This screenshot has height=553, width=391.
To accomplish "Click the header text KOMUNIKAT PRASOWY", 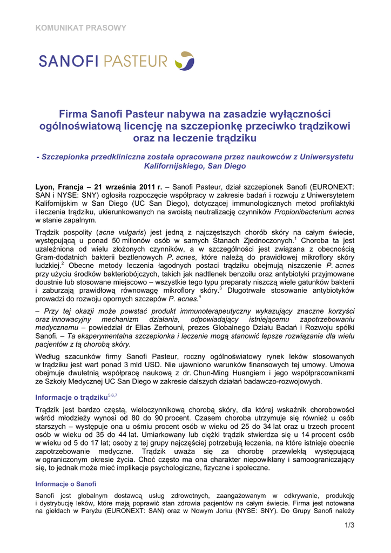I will pos(80,28).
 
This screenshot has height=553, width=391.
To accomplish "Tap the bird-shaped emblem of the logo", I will pos(185,60).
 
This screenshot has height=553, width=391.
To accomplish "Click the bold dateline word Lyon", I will pos(45,186).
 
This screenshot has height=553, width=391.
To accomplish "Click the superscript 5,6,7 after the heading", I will pos(112,395).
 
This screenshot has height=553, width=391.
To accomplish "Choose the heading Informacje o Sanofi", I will pos(65,484).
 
